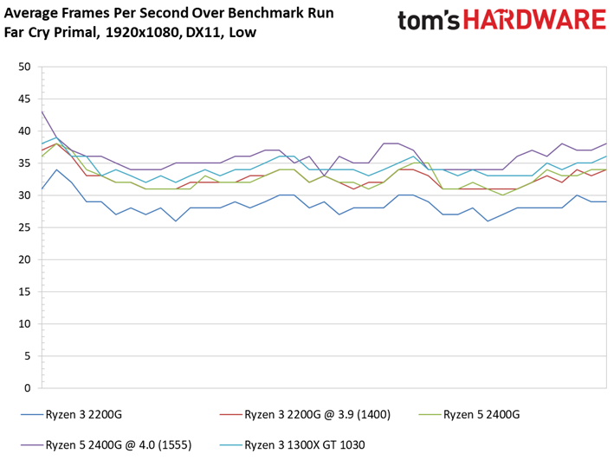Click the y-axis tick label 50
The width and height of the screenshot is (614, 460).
24,67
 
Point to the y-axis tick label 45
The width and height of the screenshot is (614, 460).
24,99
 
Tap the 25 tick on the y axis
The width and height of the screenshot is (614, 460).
24,227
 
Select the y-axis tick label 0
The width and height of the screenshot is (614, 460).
27,388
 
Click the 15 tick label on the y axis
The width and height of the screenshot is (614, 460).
24,292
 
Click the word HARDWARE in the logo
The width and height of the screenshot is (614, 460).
535,20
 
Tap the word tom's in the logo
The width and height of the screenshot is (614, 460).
429,21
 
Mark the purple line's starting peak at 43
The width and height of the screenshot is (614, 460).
42,112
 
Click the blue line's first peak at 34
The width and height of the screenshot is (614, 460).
57,169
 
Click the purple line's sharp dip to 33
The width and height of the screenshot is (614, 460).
324,176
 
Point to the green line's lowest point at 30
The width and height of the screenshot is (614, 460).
502,195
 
